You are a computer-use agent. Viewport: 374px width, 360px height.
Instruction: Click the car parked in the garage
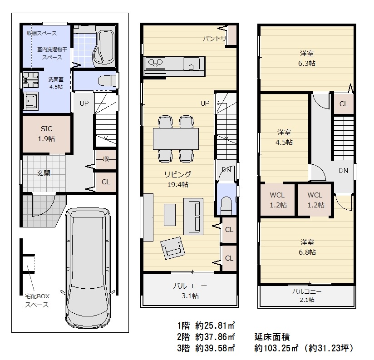click(88, 268)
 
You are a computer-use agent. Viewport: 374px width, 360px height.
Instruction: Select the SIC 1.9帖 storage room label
click(46, 133)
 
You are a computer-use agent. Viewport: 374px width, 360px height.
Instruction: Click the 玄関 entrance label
click(44, 173)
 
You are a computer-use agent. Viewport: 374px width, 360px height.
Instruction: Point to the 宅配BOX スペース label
click(37, 301)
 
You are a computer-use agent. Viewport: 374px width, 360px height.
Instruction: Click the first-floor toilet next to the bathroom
click(107, 80)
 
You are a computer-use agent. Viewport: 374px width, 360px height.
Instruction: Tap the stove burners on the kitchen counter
click(155, 63)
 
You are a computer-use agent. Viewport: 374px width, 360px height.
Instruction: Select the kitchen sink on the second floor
click(191, 64)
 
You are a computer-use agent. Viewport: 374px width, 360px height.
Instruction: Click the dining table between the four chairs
click(176, 138)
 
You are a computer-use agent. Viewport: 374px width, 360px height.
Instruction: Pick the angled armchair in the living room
click(173, 248)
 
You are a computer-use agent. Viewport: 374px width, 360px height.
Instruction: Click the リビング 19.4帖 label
click(178, 179)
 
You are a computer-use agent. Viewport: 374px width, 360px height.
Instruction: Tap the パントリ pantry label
click(214, 38)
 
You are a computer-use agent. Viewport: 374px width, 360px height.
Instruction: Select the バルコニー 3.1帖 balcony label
click(190, 291)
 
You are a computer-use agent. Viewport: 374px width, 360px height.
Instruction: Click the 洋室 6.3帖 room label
click(307, 58)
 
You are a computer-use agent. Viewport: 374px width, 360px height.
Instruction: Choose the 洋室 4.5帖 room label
click(284, 137)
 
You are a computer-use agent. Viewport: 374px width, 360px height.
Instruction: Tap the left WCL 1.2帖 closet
click(278, 200)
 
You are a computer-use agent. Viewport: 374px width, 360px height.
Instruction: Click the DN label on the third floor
click(344, 170)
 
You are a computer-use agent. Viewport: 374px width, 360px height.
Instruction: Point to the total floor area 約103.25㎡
click(276, 348)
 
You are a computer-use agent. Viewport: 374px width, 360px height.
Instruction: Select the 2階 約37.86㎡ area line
click(206, 337)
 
